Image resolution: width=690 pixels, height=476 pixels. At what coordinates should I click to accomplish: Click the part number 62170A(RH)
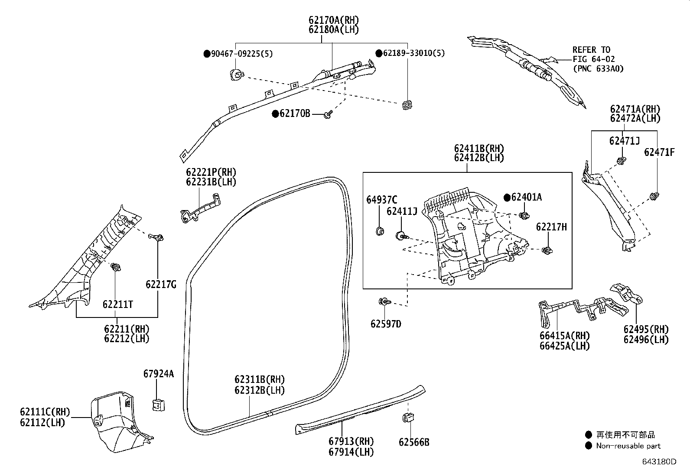334,20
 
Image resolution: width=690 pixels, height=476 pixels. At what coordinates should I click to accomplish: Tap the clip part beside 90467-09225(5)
237,74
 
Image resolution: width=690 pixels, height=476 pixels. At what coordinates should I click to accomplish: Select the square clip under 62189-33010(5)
407,105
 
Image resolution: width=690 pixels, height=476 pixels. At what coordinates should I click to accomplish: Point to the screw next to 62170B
329,114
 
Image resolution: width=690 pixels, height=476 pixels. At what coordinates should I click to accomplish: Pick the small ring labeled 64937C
380,230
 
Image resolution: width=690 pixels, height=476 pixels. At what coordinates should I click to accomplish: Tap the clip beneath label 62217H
548,250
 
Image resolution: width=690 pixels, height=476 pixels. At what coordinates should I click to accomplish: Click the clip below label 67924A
158,405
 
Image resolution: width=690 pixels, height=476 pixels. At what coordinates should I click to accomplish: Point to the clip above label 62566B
408,418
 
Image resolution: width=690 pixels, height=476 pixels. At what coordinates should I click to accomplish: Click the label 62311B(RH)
260,380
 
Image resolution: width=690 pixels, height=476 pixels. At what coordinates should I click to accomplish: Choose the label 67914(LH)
351,452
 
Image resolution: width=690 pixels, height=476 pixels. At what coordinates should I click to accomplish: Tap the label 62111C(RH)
45,411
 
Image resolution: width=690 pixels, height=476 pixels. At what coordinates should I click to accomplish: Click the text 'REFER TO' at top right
591,50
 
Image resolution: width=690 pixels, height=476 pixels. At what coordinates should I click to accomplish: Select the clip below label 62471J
622,162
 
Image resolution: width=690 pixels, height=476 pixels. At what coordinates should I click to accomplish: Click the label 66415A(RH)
564,336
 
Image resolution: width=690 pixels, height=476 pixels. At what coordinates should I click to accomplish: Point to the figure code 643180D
659,462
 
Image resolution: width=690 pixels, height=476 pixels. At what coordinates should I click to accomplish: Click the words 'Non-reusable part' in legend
628,446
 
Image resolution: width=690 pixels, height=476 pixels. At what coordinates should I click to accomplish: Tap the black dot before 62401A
507,198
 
